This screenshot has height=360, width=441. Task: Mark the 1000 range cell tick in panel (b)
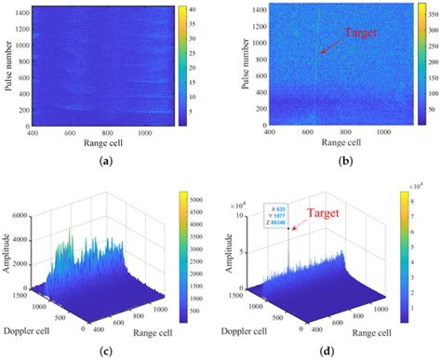[382, 133]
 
